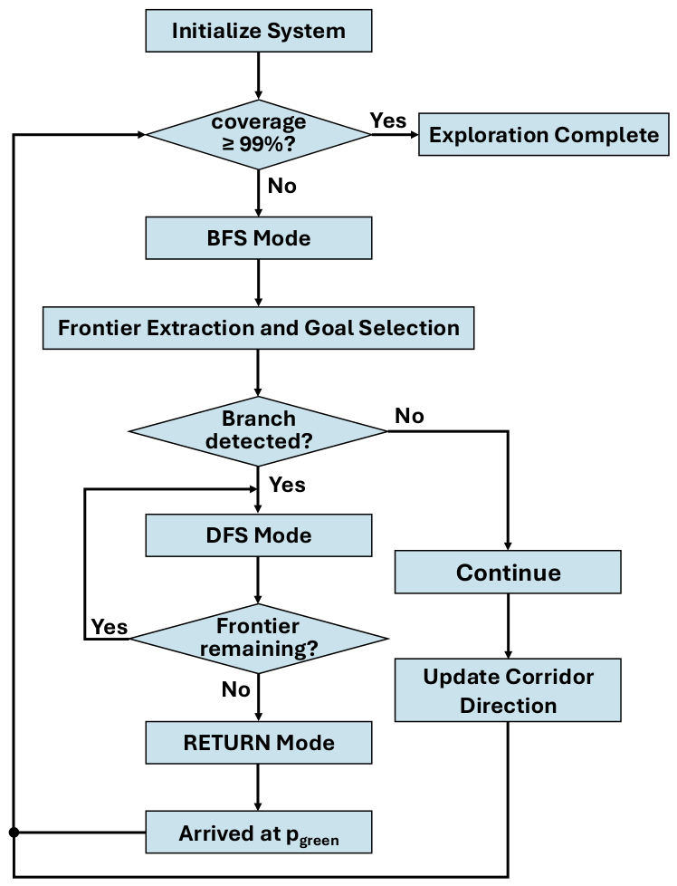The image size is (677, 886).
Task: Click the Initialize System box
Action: point(259,31)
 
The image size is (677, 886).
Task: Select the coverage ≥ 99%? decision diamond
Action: point(259,134)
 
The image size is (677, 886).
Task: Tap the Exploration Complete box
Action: point(544,134)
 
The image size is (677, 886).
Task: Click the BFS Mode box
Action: point(259,238)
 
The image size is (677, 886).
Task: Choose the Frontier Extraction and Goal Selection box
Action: point(259,328)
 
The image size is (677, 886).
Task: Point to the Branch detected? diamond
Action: point(259,431)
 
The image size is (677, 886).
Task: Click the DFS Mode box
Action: point(259,535)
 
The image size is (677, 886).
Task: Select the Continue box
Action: point(508,572)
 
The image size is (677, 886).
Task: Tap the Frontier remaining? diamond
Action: point(259,639)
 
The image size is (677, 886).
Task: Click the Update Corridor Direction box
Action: point(508,690)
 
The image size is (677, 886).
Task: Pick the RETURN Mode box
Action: point(259,743)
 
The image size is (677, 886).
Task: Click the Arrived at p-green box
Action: point(259,832)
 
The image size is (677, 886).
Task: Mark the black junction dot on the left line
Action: point(14,833)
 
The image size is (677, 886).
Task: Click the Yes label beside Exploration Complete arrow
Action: point(388,120)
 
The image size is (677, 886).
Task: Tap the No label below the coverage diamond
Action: point(281,186)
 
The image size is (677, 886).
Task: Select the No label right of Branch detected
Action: point(409,416)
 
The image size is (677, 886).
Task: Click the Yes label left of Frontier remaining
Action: point(110,627)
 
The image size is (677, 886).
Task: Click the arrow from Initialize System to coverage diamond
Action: point(259,76)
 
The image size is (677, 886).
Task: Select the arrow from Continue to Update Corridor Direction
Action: point(508,625)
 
